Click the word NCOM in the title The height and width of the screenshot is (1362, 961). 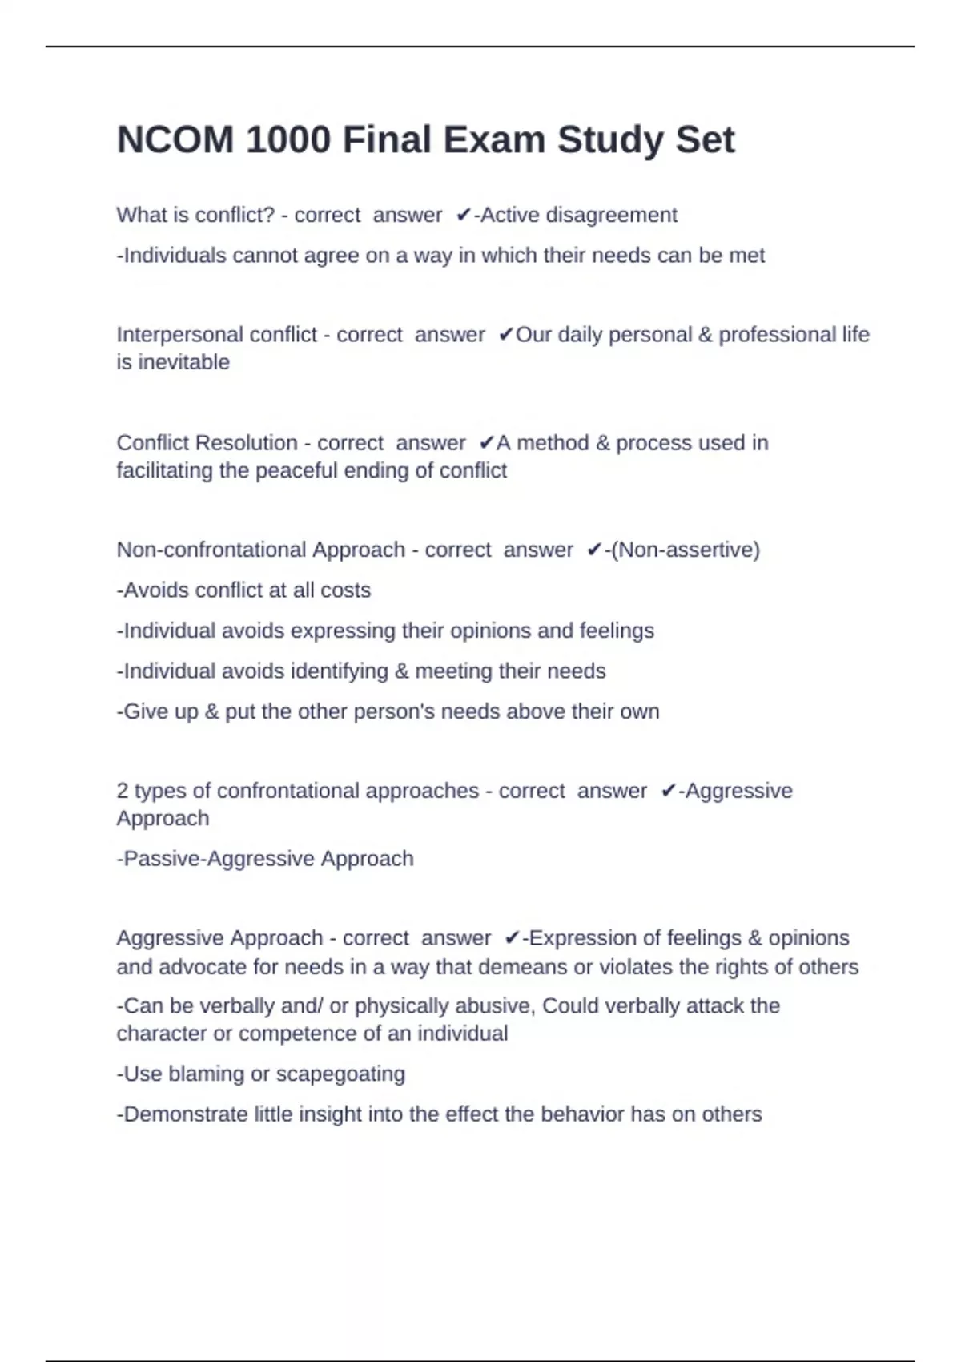(175, 140)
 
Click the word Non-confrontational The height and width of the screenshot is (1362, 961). (211, 550)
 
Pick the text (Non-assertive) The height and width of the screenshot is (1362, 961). (686, 550)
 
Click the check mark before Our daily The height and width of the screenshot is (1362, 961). (505, 335)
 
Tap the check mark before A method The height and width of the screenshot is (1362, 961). (486, 443)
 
